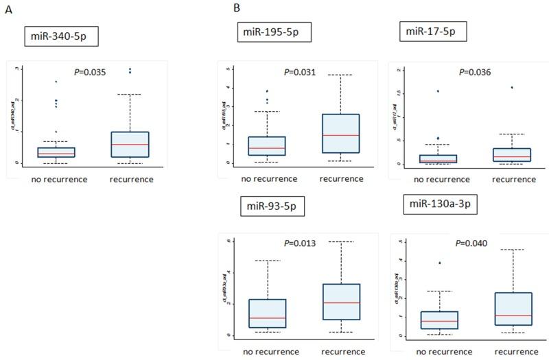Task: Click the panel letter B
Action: coord(236,8)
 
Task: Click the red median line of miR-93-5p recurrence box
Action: coord(340,302)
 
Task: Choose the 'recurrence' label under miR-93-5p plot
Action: coord(340,350)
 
